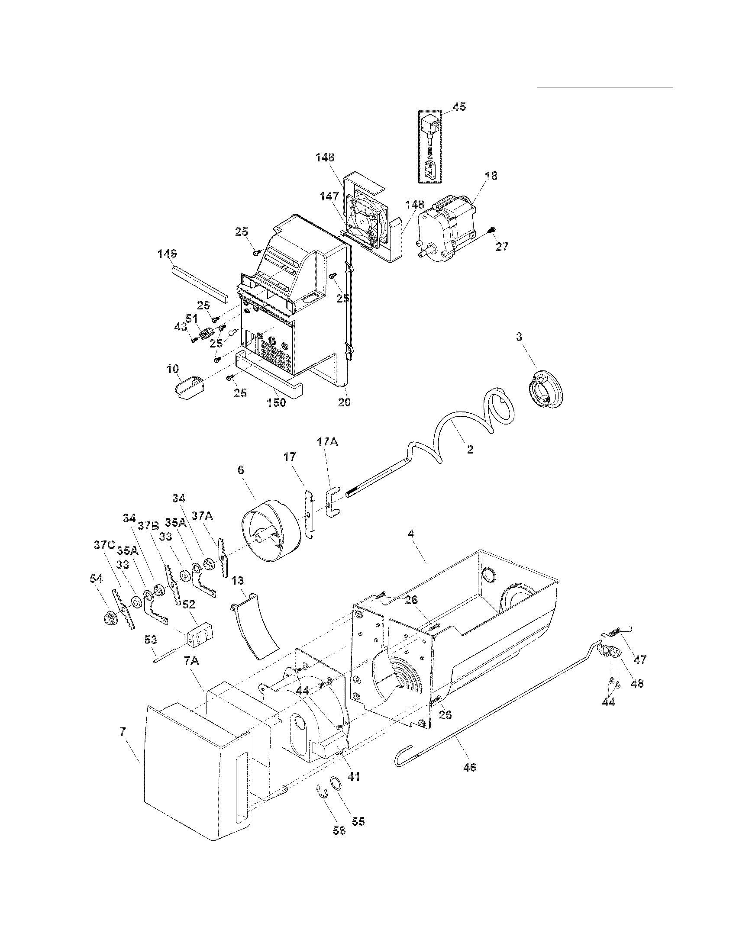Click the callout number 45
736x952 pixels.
(x=458, y=106)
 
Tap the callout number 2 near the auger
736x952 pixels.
(x=470, y=450)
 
